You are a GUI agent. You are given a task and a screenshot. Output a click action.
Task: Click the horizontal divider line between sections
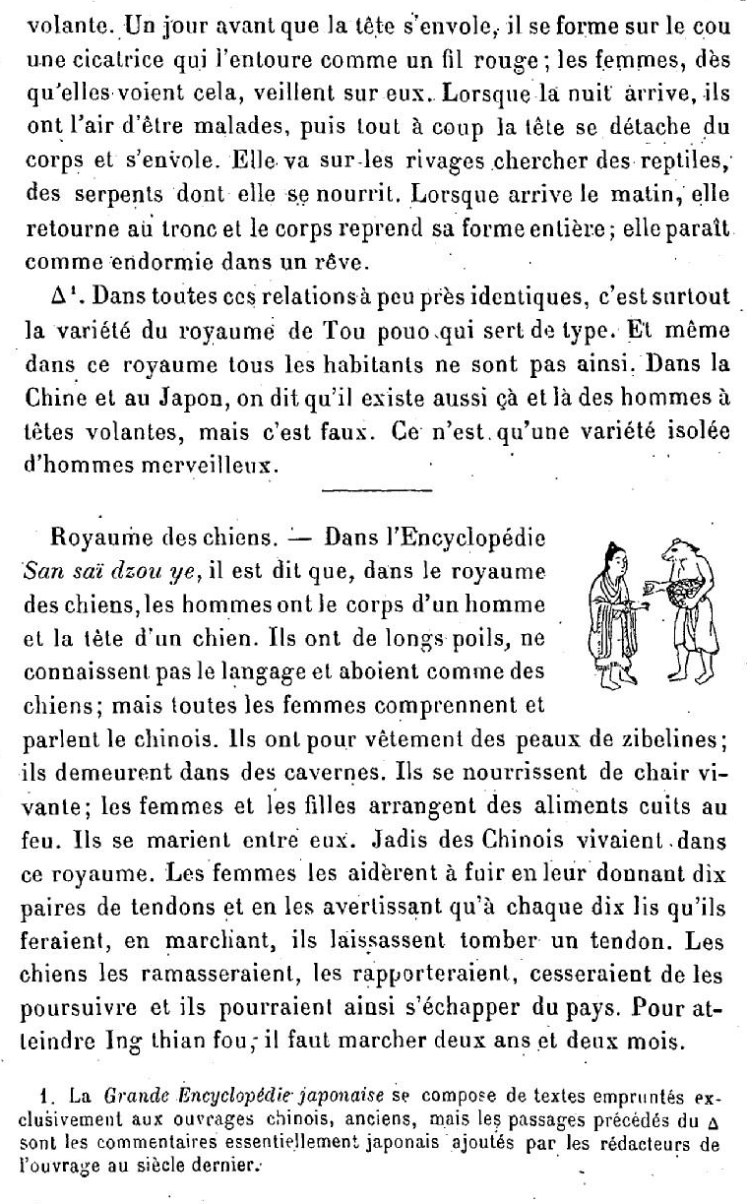click(377, 489)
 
